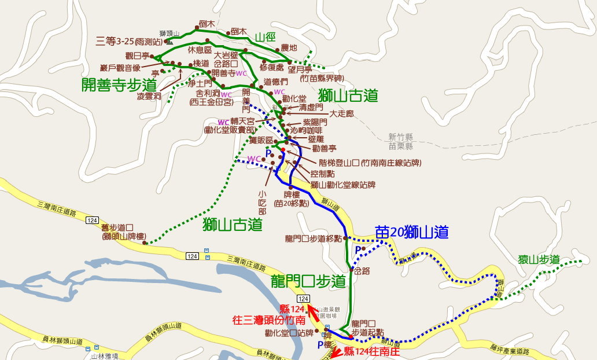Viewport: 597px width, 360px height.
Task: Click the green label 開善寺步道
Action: pos(119,84)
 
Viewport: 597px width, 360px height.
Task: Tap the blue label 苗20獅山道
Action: pos(412,232)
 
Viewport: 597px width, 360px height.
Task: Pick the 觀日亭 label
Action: pos(137,56)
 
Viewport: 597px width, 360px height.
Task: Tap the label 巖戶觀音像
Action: pos(120,67)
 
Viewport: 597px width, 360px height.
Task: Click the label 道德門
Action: pos(276,82)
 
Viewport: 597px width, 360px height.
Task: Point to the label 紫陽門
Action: pos(315,123)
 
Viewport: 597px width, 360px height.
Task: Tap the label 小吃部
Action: pos(263,199)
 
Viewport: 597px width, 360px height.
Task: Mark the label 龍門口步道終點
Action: pos(313,238)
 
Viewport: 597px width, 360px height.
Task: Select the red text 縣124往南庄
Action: pos(371,351)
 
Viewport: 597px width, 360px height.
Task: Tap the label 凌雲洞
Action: pos(149,96)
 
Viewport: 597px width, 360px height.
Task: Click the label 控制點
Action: pos(323,173)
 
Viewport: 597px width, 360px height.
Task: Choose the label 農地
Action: pos(289,48)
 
